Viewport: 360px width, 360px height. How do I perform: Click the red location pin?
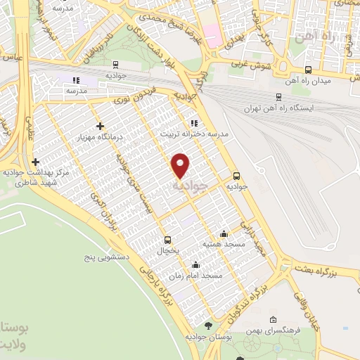(181, 165)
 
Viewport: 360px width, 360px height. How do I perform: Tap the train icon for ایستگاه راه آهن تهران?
(279, 98)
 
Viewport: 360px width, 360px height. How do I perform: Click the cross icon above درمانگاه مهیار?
(100, 125)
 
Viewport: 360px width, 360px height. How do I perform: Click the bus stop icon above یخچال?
(167, 239)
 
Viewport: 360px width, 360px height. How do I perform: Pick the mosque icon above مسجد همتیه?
(224, 234)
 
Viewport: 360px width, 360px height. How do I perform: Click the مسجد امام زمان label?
(202, 276)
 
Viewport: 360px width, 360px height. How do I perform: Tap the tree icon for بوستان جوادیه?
(208, 326)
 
